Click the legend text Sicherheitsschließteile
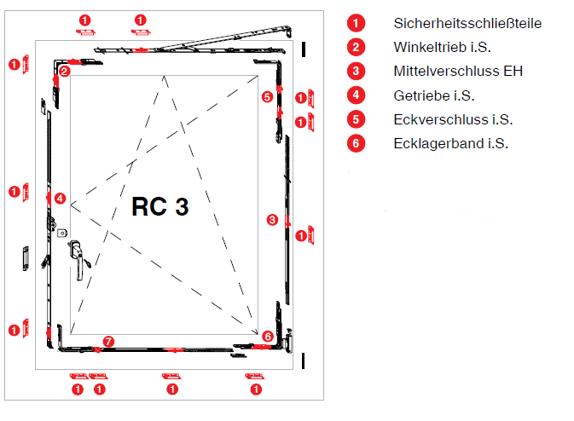pos(467,23)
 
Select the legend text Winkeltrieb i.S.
pos(443,47)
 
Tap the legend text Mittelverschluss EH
pos(458,71)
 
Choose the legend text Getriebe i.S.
pos(434,95)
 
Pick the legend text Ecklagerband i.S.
pos(451,143)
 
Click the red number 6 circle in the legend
pos(357,143)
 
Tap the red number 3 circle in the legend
pos(357,71)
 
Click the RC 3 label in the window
pos(159,206)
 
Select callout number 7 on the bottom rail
pos(107,342)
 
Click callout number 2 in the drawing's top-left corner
pos(65,71)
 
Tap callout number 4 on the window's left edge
pos(60,198)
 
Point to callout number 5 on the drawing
pos(268,97)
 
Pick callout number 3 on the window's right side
pos(272,220)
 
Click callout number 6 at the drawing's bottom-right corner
pos(268,337)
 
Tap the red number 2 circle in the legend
pos(357,47)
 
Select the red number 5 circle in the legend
pos(357,118)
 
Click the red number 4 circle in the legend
pos(357,95)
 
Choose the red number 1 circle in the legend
pos(357,23)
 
